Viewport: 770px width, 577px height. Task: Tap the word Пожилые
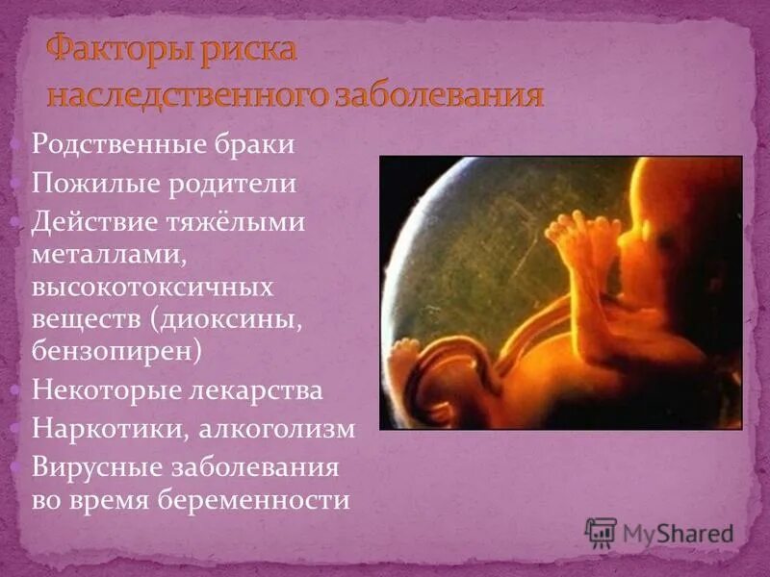(85, 183)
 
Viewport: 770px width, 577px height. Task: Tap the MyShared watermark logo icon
(601, 533)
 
